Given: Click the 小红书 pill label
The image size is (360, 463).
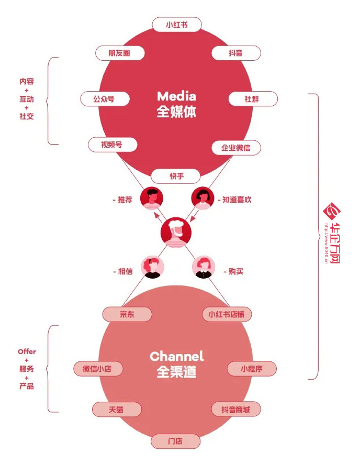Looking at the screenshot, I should pyautogui.click(x=176, y=24).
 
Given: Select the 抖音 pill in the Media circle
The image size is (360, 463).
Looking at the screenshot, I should pyautogui.click(x=235, y=53).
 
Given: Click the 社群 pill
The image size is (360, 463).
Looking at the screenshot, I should pyautogui.click(x=252, y=98).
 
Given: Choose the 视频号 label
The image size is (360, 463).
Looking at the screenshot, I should pyautogui.click(x=111, y=144).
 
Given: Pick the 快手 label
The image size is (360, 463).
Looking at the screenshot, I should pyautogui.click(x=176, y=176).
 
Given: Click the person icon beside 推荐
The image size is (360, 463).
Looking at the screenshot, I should pyautogui.click(x=152, y=198).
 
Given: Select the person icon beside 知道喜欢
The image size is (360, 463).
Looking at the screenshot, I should pyautogui.click(x=203, y=198).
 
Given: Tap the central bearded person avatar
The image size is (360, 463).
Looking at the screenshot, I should pyautogui.click(x=176, y=232).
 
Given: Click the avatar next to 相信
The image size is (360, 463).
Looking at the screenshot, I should pyautogui.click(x=152, y=268).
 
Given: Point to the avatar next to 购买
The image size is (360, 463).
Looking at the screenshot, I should pyautogui.click(x=203, y=268).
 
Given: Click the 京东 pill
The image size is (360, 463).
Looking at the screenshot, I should pyautogui.click(x=127, y=314).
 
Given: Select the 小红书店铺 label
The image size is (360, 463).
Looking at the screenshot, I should pyautogui.click(x=227, y=314).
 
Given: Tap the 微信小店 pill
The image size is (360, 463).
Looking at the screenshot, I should pyautogui.click(x=98, y=368).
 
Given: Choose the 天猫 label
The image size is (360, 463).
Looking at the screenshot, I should pyautogui.click(x=117, y=409).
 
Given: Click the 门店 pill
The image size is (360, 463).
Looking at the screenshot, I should pyautogui.click(x=175, y=441).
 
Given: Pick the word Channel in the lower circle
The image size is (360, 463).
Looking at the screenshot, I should pyautogui.click(x=176, y=357).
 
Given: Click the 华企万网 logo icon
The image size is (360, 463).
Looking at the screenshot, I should pyautogui.click(x=332, y=212).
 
